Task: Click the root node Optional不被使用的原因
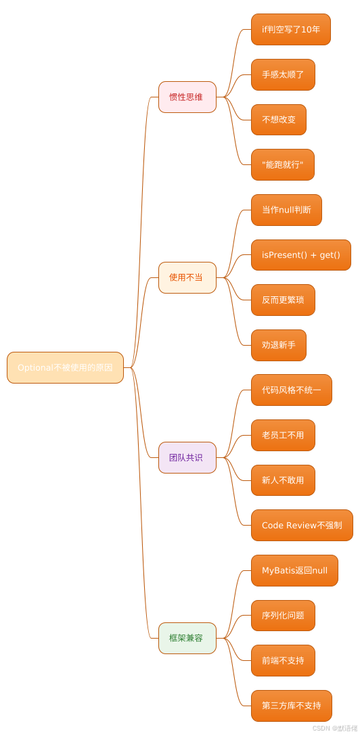65,367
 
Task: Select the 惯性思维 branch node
187,97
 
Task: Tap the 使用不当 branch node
187,277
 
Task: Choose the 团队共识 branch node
187,457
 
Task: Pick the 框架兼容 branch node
187,638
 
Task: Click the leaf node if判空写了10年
290,29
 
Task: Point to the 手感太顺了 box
283,74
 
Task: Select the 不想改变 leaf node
278,120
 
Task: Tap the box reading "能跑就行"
282,164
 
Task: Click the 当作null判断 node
286,210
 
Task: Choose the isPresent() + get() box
300,255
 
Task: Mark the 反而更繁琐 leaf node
283,300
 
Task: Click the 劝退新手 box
278,345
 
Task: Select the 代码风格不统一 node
291,390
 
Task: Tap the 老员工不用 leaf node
283,435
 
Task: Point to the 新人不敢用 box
283,480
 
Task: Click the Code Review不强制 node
302,525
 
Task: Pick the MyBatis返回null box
294,570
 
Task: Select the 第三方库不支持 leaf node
291,706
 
